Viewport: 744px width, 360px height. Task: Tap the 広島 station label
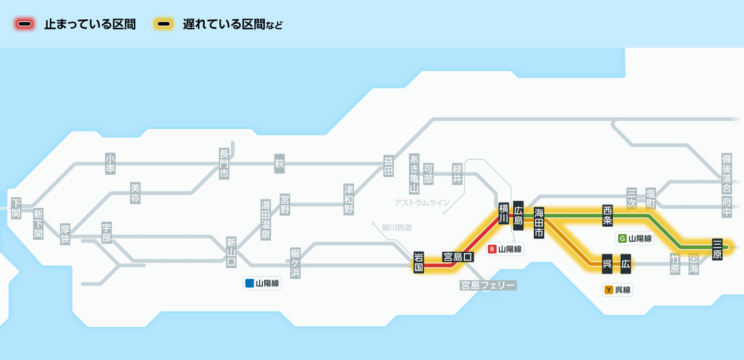click(x=519, y=214)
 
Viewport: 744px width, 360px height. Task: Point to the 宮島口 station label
click(x=458, y=256)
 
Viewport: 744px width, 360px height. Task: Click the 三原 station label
click(x=718, y=248)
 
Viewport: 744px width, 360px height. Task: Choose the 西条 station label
click(x=608, y=214)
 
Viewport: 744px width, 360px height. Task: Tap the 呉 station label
click(x=608, y=265)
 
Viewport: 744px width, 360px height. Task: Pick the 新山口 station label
click(x=231, y=252)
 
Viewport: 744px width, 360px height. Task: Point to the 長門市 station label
click(x=224, y=164)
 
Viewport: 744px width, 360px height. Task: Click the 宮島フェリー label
click(x=488, y=285)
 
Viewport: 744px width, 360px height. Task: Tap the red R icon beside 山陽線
click(x=493, y=249)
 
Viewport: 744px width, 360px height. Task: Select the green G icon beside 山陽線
click(x=622, y=238)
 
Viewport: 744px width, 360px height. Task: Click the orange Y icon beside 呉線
click(x=609, y=289)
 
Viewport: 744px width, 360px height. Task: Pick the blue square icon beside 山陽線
click(x=249, y=284)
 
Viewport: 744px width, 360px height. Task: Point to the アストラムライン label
click(x=422, y=203)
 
